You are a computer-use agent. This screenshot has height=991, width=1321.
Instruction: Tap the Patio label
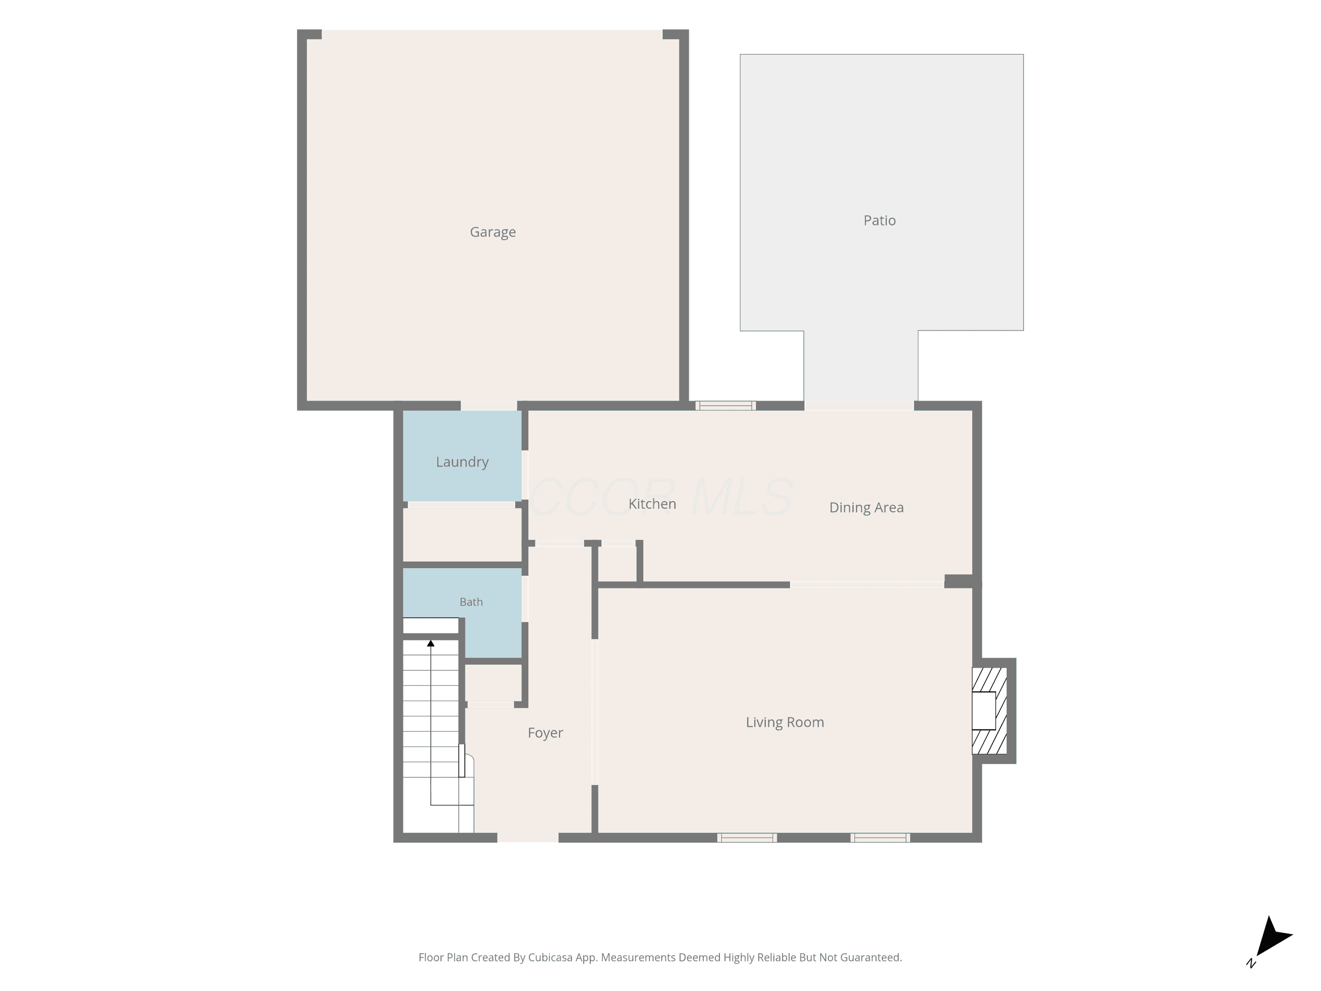pos(880,220)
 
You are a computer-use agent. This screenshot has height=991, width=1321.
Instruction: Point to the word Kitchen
pos(652,503)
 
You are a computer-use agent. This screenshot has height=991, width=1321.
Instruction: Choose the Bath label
pos(471,602)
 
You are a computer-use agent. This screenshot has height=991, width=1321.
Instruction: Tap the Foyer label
pos(545,733)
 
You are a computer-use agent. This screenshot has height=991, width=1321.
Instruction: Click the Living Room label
pos(785,723)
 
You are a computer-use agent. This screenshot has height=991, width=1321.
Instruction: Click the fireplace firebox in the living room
pos(984,711)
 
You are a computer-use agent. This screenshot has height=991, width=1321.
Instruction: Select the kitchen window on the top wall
pos(726,406)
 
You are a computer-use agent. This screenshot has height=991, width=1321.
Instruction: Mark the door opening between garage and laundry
pos(488,406)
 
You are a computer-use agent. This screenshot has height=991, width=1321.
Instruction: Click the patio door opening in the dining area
pos(860,406)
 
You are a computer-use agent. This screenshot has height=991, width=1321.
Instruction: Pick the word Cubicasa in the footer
pos(550,958)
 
